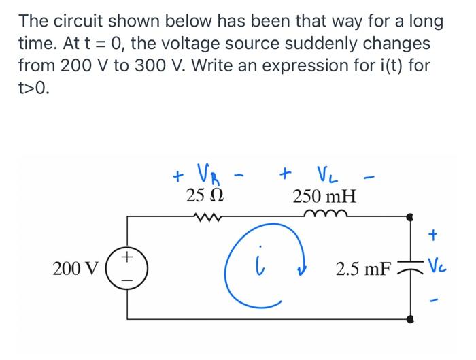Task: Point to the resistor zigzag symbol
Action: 205,217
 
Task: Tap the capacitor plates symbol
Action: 409,268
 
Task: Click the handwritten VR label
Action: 205,169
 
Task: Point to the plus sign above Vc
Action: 433,235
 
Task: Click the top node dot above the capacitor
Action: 409,218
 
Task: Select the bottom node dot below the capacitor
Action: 409,318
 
